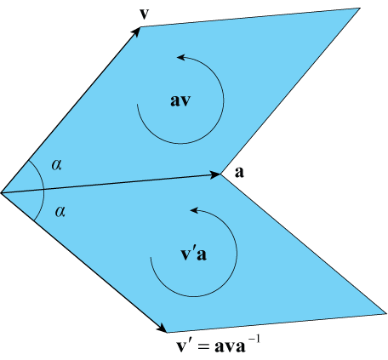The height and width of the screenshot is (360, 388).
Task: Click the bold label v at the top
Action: (x=145, y=14)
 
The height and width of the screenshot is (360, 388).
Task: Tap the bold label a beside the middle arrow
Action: (x=239, y=172)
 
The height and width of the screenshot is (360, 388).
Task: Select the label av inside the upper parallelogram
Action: (x=180, y=101)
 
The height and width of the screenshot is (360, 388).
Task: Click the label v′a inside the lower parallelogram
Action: (x=194, y=254)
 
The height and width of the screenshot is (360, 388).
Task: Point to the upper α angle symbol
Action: (x=57, y=164)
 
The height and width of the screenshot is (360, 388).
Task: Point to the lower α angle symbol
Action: (x=60, y=212)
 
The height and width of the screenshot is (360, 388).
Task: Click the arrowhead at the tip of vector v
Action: (x=136, y=31)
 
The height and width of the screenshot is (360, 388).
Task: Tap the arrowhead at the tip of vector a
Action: (x=215, y=175)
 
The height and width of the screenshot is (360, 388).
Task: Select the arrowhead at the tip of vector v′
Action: (x=162, y=329)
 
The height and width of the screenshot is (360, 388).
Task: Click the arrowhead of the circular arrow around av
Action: (x=181, y=57)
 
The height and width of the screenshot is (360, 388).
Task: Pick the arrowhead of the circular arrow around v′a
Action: (x=194, y=210)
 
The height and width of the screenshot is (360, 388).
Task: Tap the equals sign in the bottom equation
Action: (x=203, y=346)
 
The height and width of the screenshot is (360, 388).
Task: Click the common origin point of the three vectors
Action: (x=2, y=193)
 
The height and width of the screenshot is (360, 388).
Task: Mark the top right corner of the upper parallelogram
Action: (x=360, y=9)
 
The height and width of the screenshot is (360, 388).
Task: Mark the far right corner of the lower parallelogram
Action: (x=386, y=313)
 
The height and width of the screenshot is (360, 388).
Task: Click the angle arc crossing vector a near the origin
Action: (x=43, y=190)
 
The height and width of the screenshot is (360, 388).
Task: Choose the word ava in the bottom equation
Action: (x=230, y=346)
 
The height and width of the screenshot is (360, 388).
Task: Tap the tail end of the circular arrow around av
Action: (x=138, y=105)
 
